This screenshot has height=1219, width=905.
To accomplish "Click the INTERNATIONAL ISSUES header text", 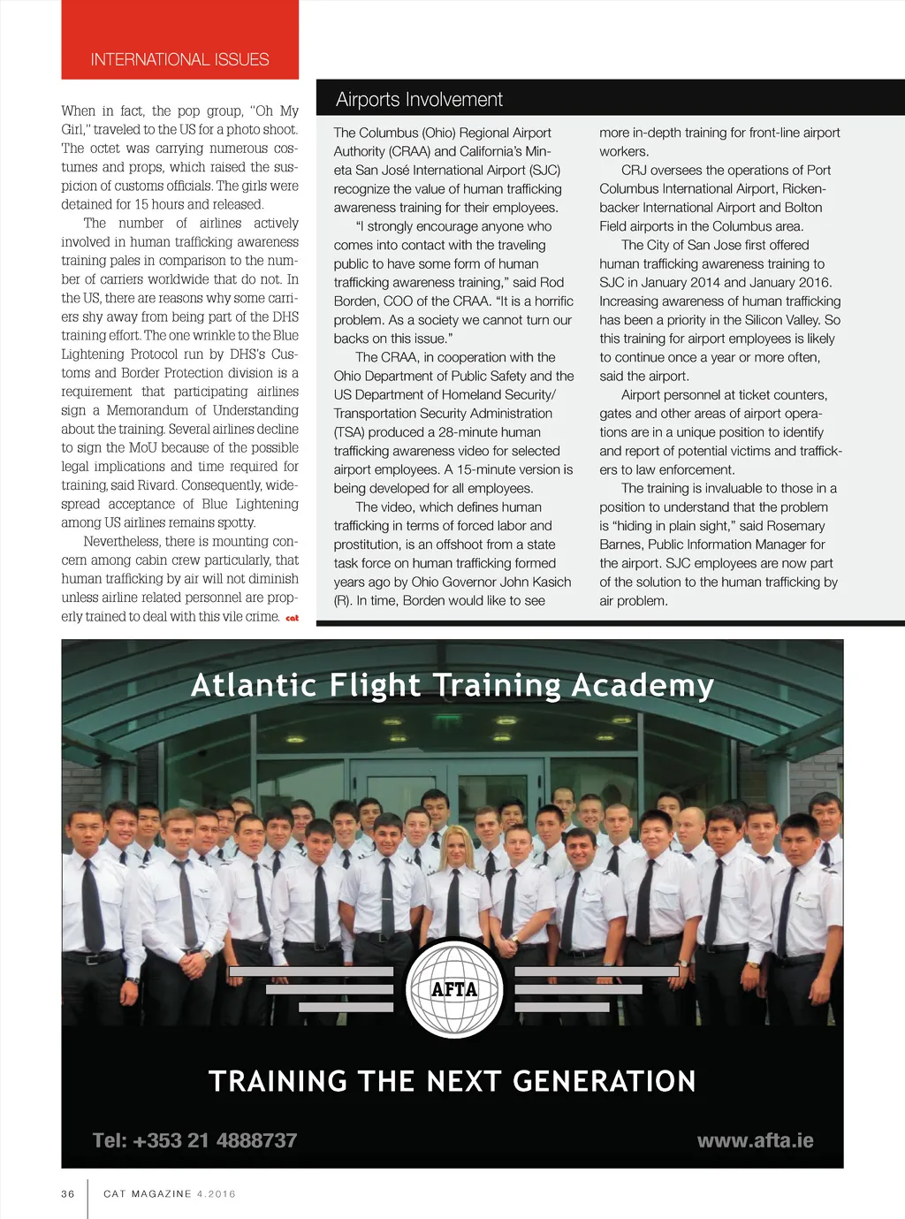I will pos(179,60).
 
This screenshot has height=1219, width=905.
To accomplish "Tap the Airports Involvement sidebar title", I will pos(419,100).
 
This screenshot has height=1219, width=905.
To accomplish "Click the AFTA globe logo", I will pos(453,988).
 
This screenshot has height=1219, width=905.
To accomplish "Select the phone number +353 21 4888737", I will pos(194,1140).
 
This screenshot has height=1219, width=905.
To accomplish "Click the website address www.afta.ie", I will pos(755,1140).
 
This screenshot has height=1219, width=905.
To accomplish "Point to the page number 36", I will pos(68,1193).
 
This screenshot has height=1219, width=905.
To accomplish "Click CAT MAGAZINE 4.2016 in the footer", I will pos(170,1193).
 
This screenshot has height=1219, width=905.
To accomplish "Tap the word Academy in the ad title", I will pos(643,686).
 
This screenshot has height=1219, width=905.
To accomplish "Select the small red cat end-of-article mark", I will pos(292,618).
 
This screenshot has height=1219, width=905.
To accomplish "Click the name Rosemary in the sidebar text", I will pos(795,526).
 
